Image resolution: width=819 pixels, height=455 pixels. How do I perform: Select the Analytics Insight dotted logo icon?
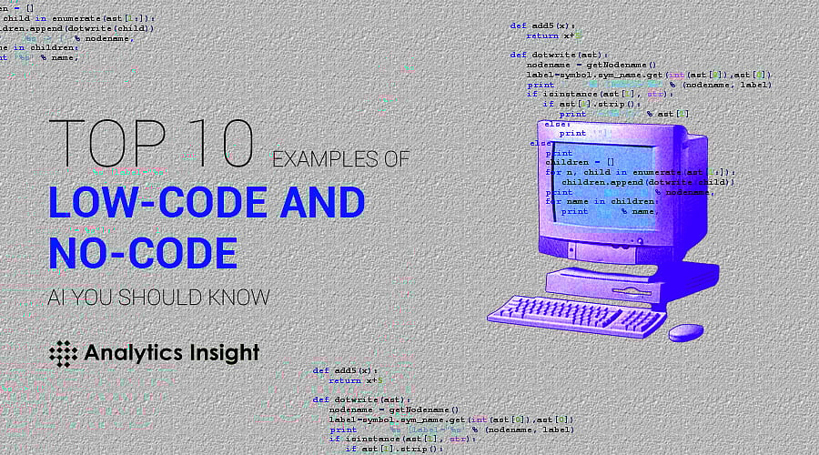(62, 353)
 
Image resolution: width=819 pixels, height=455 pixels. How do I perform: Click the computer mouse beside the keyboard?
(685, 332)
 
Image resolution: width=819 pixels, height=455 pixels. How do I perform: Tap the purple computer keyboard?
(577, 316)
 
